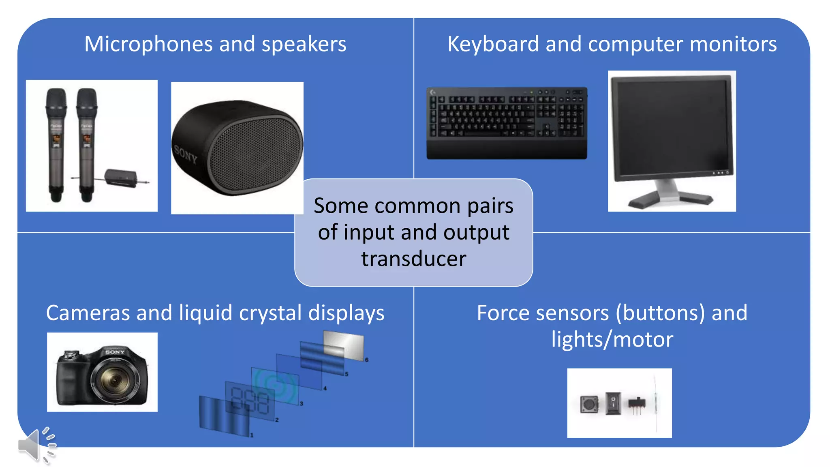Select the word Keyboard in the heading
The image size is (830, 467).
point(493,44)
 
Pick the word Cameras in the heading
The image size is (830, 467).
point(88,313)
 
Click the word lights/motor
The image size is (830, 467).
point(612,339)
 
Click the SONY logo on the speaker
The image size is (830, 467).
point(186,154)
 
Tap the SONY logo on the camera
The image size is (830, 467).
point(115,352)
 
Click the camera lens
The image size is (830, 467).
point(114,380)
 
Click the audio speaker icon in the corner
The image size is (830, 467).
point(36,445)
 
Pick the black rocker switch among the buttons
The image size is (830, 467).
point(613,403)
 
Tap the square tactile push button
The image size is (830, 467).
point(589,404)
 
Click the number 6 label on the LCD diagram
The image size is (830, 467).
point(367,360)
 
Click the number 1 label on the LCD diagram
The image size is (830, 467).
point(252,435)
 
